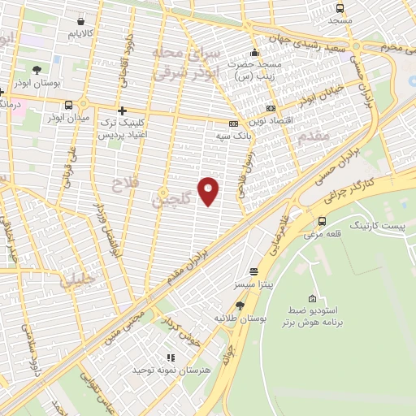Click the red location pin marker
pos(209,190)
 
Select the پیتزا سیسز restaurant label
pos(253,286)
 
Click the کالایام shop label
pos(81,34)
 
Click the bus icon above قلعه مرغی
pos(323,221)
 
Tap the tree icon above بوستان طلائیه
pos(240,305)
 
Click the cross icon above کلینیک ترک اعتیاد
pos(122,110)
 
